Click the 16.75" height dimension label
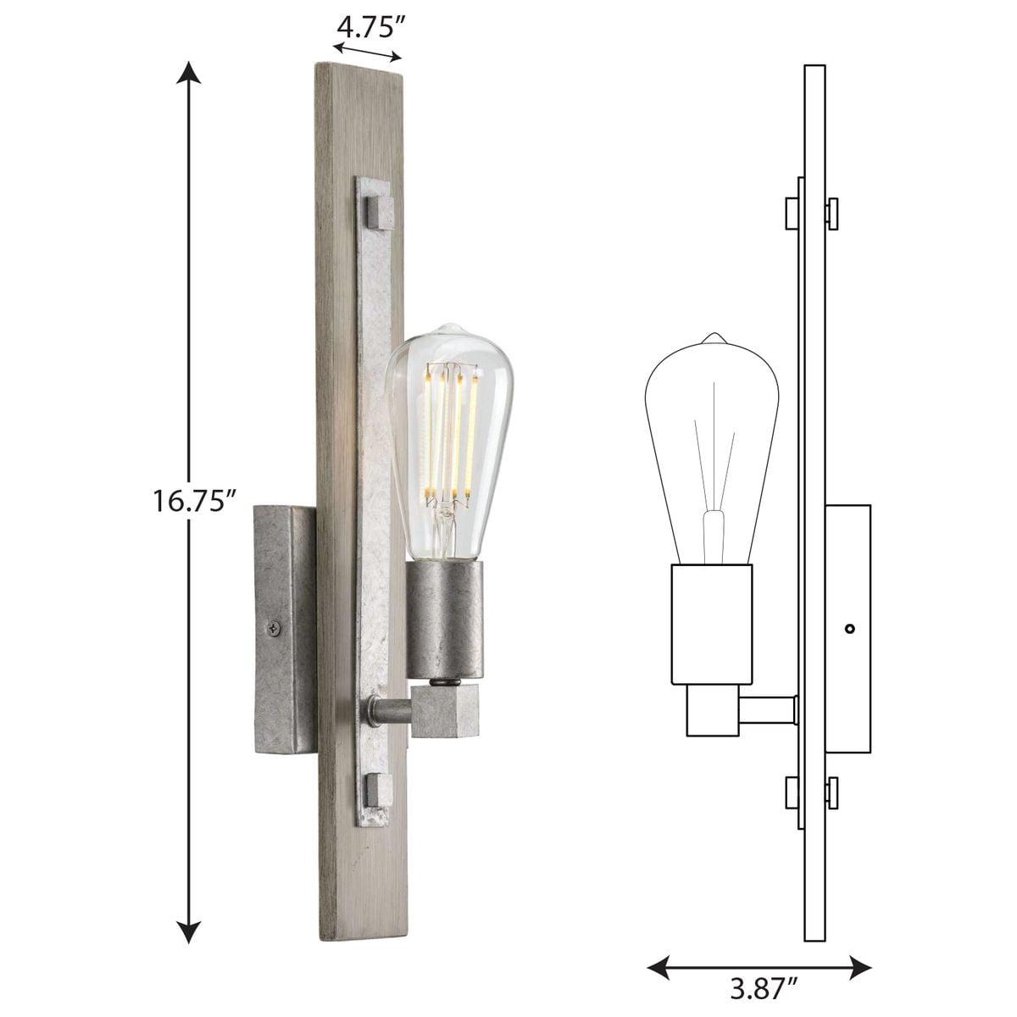point(194,501)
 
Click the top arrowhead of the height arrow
point(188,73)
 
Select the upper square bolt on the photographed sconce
point(379,210)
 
